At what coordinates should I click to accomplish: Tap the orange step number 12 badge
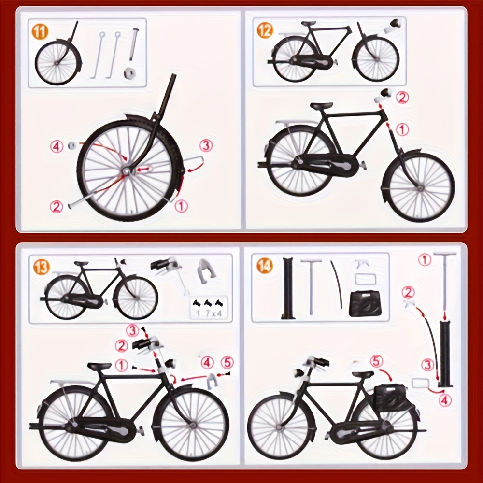(265, 30)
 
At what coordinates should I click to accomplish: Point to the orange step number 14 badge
(265, 266)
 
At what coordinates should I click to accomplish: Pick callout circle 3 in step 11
(206, 144)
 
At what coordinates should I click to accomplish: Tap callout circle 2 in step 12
(402, 97)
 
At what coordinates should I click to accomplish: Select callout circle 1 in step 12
(402, 129)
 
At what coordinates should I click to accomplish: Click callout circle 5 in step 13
(226, 362)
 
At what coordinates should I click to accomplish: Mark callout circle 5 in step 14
(377, 361)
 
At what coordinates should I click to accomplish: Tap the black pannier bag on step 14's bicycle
(389, 398)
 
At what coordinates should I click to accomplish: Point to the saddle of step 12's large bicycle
(322, 106)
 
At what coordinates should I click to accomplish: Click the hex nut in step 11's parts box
(129, 74)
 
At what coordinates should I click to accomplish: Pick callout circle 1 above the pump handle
(425, 260)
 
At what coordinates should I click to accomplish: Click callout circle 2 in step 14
(409, 292)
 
